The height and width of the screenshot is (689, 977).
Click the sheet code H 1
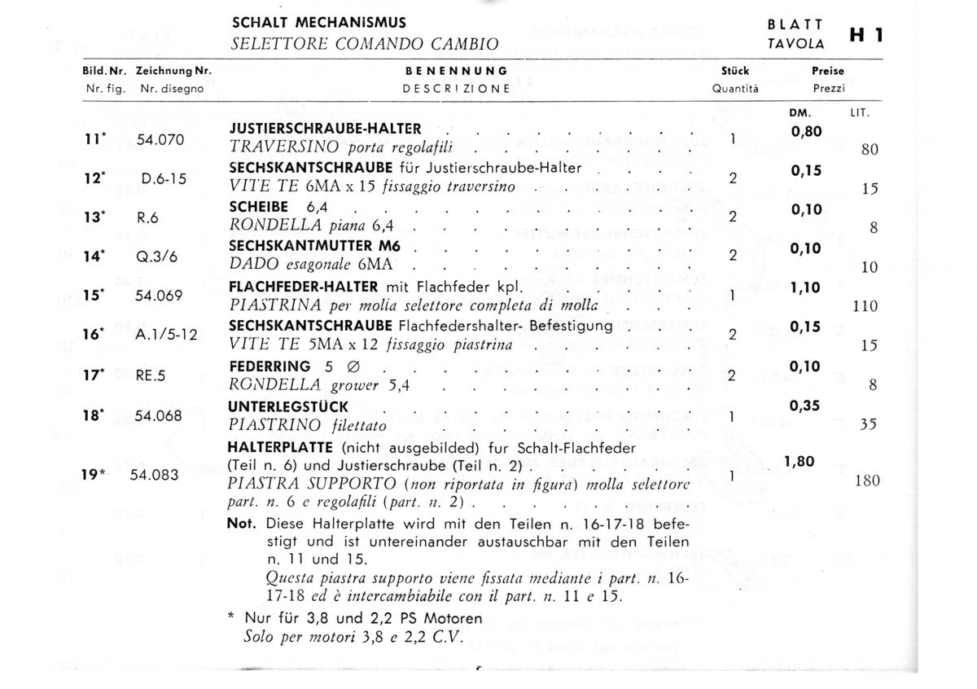tap(867, 35)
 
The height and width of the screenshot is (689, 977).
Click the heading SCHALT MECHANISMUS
tap(319, 23)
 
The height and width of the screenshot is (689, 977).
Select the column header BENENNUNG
tap(456, 71)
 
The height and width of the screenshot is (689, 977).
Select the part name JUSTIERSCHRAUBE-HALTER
tap(326, 129)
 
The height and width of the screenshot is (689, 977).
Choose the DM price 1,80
tap(800, 462)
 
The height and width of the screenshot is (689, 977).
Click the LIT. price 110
tap(865, 306)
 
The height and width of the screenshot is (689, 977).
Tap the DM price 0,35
tap(805, 405)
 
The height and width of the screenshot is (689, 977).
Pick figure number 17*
tap(94, 375)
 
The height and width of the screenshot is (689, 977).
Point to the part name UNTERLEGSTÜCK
tap(289, 406)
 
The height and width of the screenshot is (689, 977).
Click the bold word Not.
tap(242, 524)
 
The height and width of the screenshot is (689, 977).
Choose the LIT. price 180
tap(868, 481)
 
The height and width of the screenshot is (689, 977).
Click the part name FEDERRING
tap(269, 366)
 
